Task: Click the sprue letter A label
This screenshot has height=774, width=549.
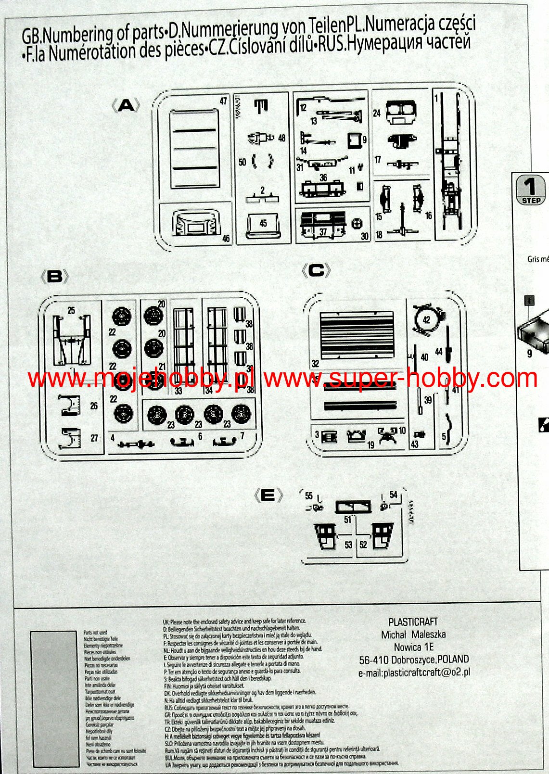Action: (126, 105)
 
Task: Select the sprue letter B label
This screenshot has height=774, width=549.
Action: (55, 276)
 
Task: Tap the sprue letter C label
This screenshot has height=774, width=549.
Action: (316, 271)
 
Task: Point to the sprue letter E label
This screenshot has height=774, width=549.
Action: (268, 495)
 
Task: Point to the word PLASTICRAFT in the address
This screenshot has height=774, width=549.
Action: (413, 622)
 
